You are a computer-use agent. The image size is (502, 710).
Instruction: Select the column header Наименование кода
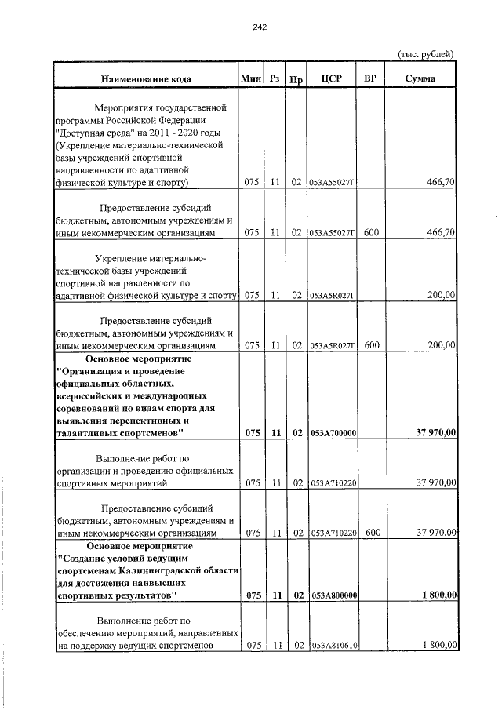tap(145, 79)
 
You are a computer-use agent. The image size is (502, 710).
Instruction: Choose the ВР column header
tap(372, 79)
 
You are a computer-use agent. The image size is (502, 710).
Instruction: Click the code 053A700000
tap(333, 433)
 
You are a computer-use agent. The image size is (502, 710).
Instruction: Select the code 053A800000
tap(333, 595)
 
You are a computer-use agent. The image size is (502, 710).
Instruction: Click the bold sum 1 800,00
tap(438, 595)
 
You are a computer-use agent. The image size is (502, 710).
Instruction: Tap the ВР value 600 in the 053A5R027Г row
tap(372, 344)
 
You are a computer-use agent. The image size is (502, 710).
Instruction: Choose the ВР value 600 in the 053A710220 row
tap(372, 533)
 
